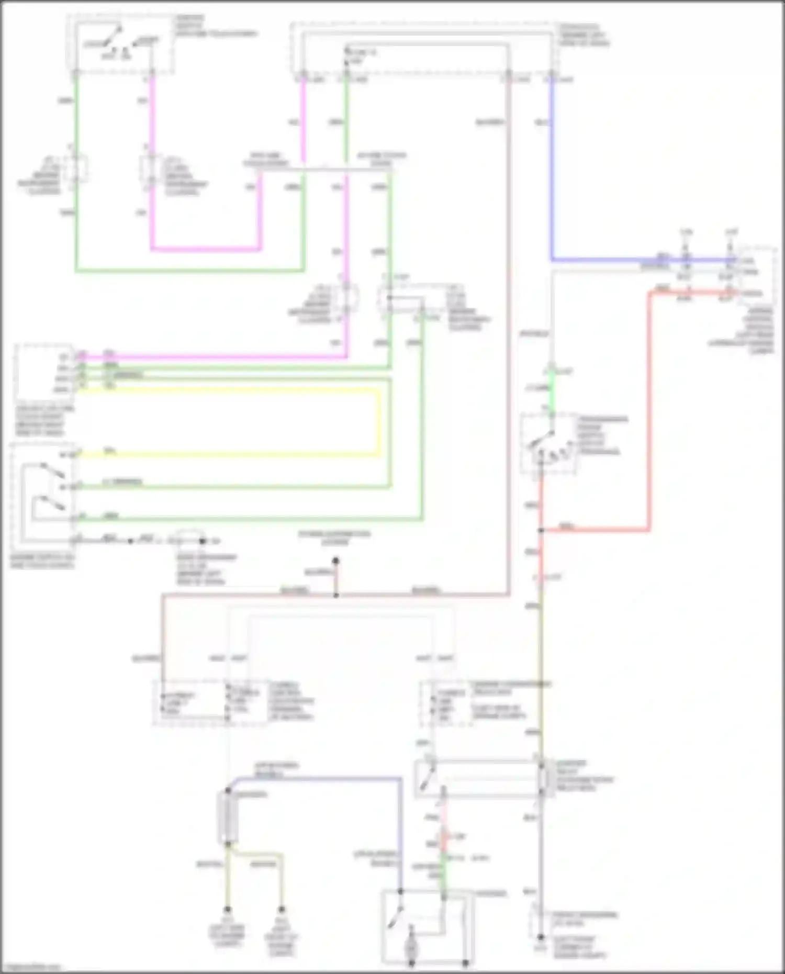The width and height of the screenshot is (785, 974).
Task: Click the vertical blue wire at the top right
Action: coord(552,167)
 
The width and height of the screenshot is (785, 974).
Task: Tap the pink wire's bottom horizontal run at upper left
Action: coord(204,250)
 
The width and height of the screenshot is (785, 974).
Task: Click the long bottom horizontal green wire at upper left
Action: coord(188,271)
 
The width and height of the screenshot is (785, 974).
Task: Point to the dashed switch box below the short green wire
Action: coord(548,444)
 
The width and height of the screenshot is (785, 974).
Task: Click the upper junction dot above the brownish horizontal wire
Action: coord(336,561)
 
